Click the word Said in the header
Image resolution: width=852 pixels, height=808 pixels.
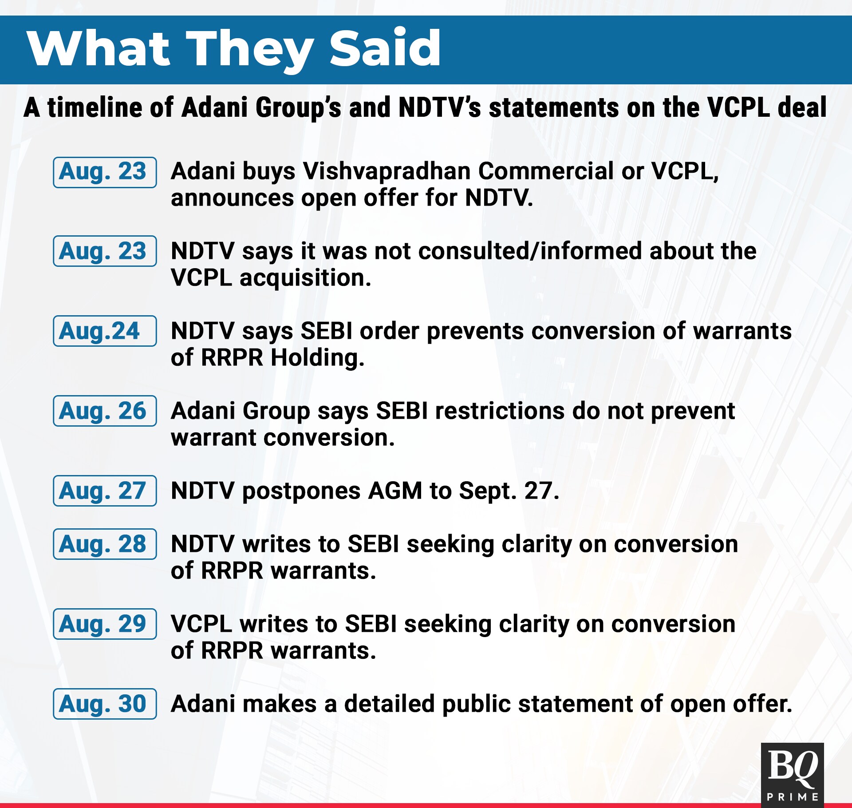[384, 48]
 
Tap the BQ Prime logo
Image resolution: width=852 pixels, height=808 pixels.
[793, 775]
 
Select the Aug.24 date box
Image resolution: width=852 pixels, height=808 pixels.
[105, 331]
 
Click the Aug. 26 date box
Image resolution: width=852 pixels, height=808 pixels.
[105, 411]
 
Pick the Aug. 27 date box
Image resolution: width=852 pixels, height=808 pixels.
[105, 491]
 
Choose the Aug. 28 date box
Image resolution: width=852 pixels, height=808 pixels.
[105, 544]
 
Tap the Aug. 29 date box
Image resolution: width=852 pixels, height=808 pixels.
[105, 624]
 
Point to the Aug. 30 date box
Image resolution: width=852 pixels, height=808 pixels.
[105, 704]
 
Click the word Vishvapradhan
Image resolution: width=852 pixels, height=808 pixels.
[387, 172]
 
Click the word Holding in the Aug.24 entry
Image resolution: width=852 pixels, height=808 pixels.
[318, 358]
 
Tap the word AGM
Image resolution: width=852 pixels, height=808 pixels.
[395, 491]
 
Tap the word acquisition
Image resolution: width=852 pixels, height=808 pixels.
[305, 278]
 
